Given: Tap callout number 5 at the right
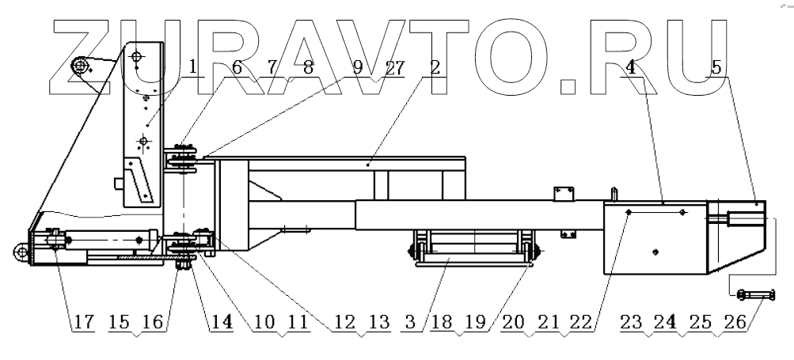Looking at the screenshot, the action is point(716,68).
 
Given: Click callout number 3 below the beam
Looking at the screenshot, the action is point(412,323).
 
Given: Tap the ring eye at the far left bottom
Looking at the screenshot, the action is point(17,252).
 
